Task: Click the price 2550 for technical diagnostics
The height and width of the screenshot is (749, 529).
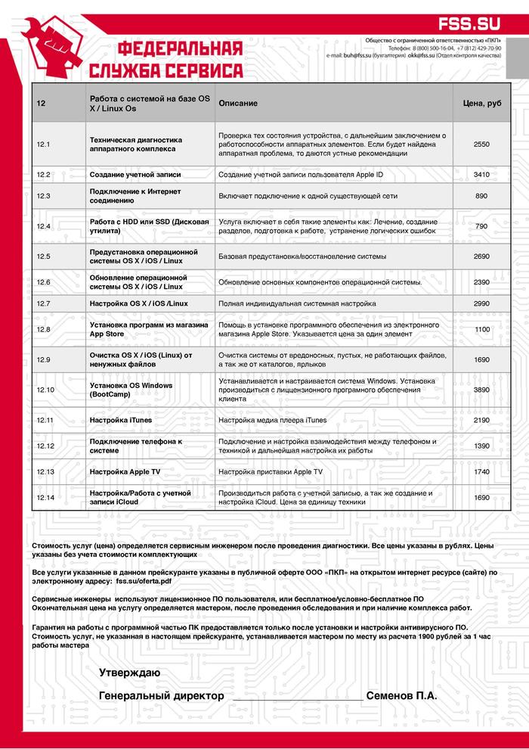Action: [x=481, y=144]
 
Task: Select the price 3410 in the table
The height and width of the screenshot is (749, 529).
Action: [x=481, y=175]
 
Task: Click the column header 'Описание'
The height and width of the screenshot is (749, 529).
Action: [x=238, y=103]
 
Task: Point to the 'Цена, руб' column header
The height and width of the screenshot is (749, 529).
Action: [x=481, y=103]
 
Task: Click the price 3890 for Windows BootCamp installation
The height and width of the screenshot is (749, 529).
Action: [x=481, y=390]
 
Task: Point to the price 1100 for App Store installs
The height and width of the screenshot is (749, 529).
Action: [x=481, y=330]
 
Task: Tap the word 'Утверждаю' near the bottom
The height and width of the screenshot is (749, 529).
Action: [x=129, y=673]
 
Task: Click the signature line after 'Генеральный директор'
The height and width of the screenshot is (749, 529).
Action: [x=296, y=700]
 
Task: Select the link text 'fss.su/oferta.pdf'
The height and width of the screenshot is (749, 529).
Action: [x=143, y=583]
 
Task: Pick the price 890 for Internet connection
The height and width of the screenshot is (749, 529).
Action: [x=481, y=196]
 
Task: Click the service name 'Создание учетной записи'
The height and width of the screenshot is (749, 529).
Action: [x=135, y=175]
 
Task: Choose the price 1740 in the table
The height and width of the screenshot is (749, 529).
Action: [x=481, y=471]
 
